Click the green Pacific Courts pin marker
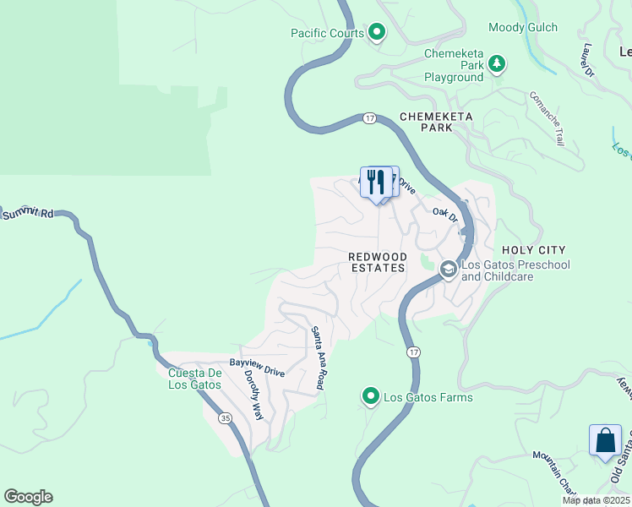click(x=377, y=34)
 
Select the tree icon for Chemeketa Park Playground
click(x=498, y=63)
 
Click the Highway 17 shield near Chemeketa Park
click(x=370, y=118)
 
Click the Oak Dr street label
click(x=444, y=215)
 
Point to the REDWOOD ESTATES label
click(x=378, y=262)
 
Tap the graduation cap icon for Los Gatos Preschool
click(x=448, y=270)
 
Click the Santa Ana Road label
click(x=318, y=358)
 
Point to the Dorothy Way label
click(x=253, y=395)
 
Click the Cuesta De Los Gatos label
click(x=194, y=379)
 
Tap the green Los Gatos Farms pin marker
click(x=370, y=395)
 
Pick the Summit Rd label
click(x=27, y=215)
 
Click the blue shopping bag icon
click(x=605, y=441)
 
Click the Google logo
click(x=28, y=497)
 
